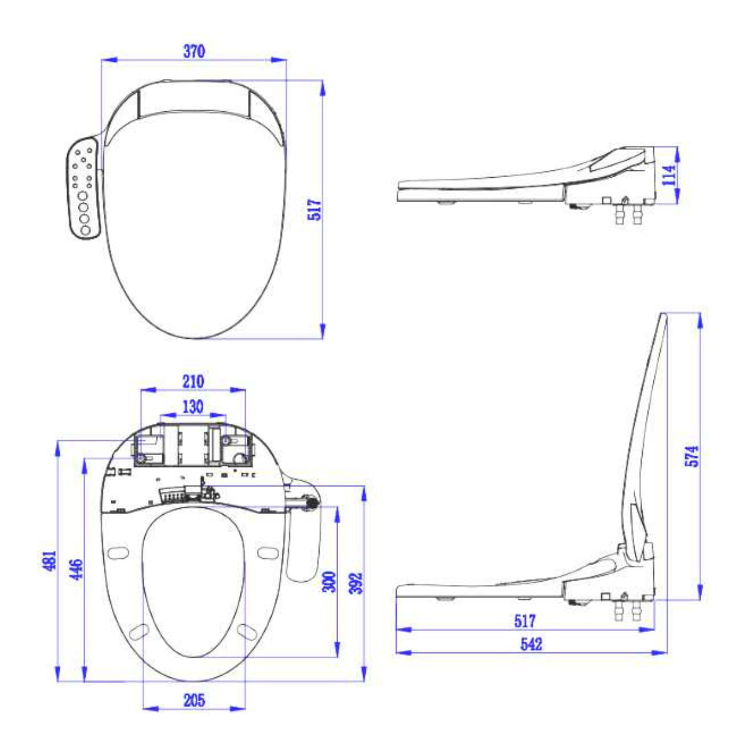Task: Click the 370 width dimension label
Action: tap(194, 52)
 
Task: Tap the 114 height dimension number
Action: tap(669, 175)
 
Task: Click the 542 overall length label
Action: tap(531, 644)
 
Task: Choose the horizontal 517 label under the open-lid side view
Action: tap(525, 620)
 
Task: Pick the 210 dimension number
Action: tap(193, 381)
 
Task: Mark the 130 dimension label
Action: tap(192, 407)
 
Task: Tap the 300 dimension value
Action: tap(329, 582)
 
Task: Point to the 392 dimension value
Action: tap(355, 583)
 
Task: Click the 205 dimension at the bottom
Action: tap(194, 700)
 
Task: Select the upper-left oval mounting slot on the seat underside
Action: tap(117, 551)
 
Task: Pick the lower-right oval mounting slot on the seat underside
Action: tap(247, 631)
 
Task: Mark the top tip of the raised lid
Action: tap(663, 315)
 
